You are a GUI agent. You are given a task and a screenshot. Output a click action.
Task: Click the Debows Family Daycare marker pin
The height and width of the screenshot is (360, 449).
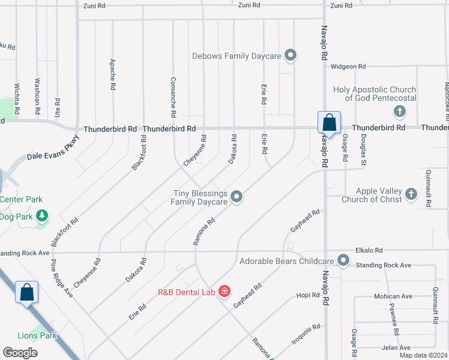(x=291, y=56)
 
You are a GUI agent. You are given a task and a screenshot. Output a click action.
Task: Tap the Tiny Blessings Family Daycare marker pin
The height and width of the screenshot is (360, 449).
(x=237, y=197)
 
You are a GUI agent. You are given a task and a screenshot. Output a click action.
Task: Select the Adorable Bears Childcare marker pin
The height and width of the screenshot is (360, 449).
(x=343, y=260)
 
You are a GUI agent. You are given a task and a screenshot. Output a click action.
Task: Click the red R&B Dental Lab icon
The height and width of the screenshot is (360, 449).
(x=224, y=292)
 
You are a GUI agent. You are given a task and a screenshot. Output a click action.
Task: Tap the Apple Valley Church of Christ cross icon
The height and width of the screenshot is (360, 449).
(x=411, y=194)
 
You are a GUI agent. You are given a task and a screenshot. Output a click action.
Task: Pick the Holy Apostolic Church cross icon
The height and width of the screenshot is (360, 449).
(x=400, y=111)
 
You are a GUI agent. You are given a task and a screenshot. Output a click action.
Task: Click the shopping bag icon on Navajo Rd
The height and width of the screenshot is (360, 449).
(x=329, y=122)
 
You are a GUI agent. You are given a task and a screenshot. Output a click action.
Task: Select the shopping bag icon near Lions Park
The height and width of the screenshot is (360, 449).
(x=26, y=293)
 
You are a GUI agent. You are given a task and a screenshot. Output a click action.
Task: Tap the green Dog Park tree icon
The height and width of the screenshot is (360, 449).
(x=42, y=215)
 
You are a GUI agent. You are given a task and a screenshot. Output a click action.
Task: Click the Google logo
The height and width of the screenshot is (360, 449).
(x=20, y=353)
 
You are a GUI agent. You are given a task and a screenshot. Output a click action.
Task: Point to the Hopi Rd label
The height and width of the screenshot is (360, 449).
(x=309, y=295)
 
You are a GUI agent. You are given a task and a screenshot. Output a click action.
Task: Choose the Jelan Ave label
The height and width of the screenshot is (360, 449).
(x=397, y=347)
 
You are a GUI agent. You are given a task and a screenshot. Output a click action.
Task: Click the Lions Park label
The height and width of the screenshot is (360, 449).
(x=37, y=335)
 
